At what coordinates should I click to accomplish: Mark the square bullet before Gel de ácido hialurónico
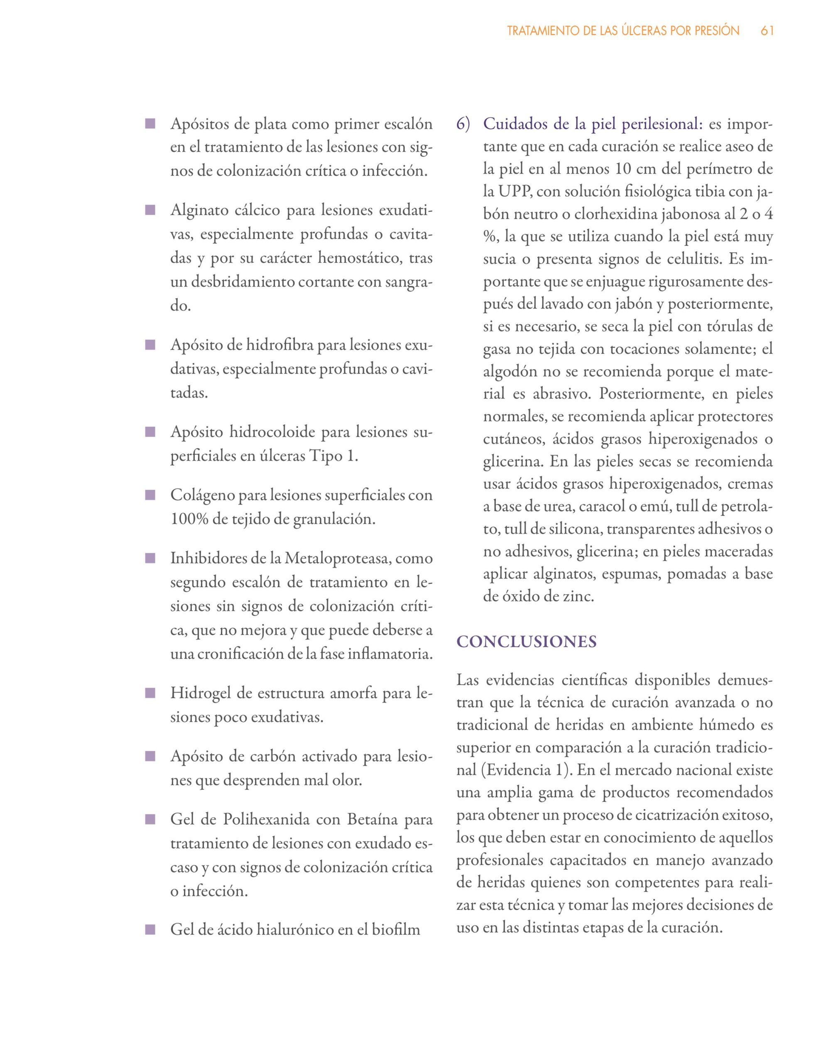point(150,930)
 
